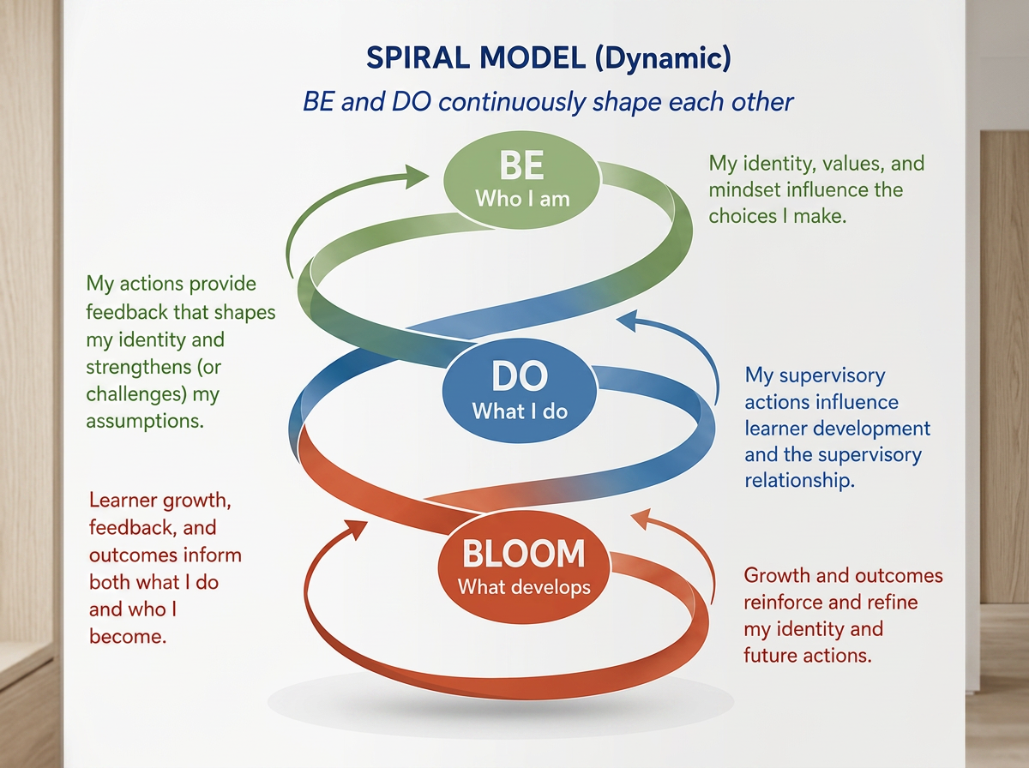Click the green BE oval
[521, 180]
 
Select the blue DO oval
[520, 391]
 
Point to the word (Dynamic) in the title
[663, 59]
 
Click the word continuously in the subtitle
[511, 102]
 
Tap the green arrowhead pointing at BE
[417, 177]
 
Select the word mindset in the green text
[743, 189]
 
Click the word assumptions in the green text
[145, 421]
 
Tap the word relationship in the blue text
[799, 481]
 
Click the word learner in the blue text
[773, 429]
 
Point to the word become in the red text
[128, 636]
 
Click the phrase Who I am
[522, 199]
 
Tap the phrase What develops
[524, 587]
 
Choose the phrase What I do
[520, 411]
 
